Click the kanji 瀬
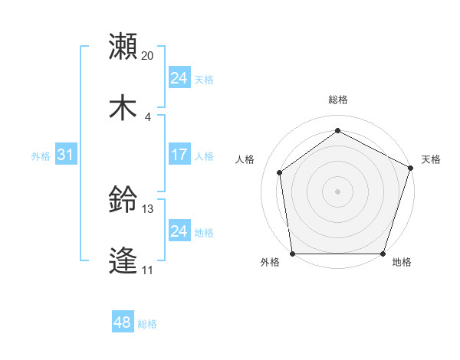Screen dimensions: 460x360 pyautogui.click(x=123, y=46)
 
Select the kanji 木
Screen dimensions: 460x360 pyautogui.click(x=123, y=106)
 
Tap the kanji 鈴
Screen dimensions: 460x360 pyautogui.click(x=123, y=201)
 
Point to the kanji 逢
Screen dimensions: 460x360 pyautogui.click(x=123, y=260)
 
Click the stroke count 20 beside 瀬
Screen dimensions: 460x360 pyautogui.click(x=148, y=56)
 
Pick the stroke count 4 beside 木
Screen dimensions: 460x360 pyautogui.click(x=148, y=116)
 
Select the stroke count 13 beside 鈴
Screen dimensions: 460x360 pyautogui.click(x=148, y=209)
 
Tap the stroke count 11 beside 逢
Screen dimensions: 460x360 pyautogui.click(x=147, y=270)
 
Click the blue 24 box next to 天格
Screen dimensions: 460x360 pyautogui.click(x=179, y=78)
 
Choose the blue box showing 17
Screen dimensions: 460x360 pyautogui.click(x=179, y=155)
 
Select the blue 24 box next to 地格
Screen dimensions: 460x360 pyautogui.click(x=179, y=231)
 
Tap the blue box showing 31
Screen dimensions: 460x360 pyautogui.click(x=66, y=155)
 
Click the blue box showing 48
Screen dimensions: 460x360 pyautogui.click(x=123, y=322)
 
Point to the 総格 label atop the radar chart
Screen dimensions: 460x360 pyautogui.click(x=338, y=100)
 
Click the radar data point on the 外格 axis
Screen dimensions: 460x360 pyautogui.click(x=293, y=254)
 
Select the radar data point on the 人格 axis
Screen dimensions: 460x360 pyautogui.click(x=280, y=172)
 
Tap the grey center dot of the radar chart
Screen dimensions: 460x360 pyautogui.click(x=338, y=191)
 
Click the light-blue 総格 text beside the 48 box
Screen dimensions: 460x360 pyautogui.click(x=147, y=324)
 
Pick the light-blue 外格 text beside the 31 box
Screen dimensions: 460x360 pyautogui.click(x=41, y=156)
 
